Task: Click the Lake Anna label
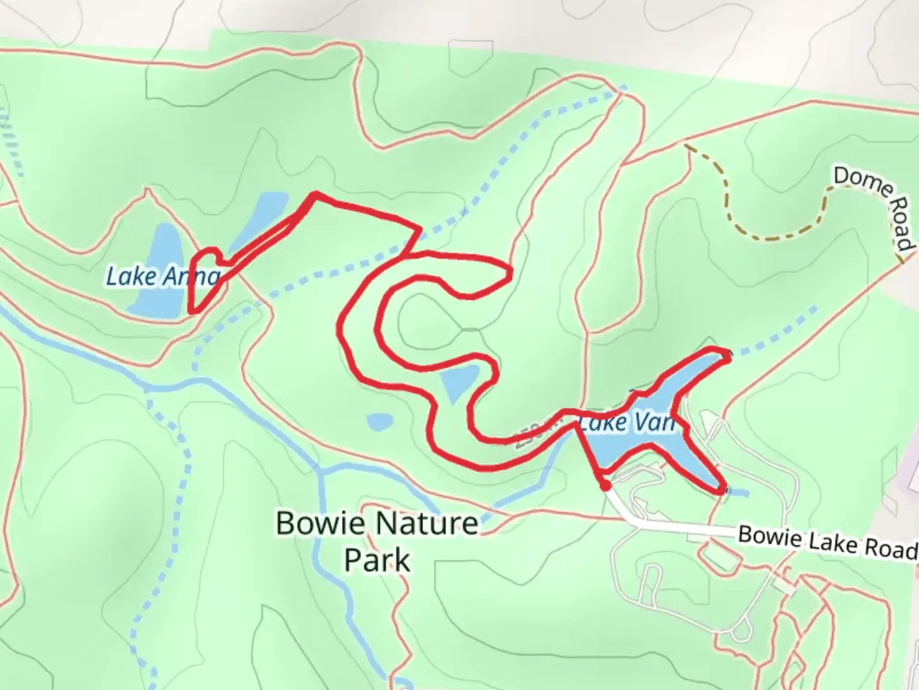(163, 277)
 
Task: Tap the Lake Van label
(626, 422)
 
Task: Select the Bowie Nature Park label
(377, 540)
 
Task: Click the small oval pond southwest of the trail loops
(380, 422)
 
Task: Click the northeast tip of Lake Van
(724, 355)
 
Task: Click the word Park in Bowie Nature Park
(377, 560)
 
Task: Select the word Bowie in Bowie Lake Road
(763, 535)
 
